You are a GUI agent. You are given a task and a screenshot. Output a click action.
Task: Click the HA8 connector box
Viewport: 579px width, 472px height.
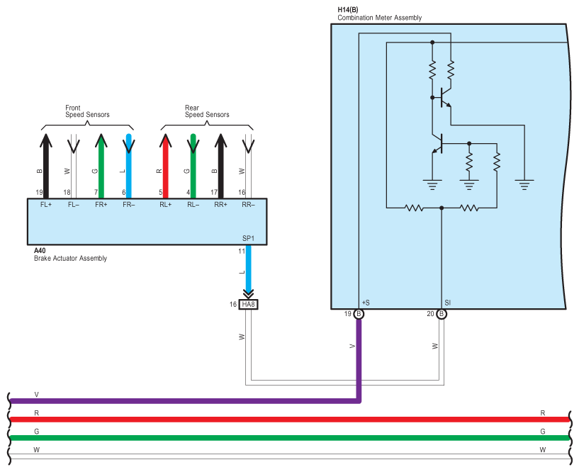click(247, 304)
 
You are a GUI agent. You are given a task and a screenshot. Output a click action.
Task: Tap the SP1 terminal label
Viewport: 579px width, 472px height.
click(249, 239)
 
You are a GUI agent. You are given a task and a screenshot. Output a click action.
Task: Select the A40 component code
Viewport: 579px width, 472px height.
click(40, 251)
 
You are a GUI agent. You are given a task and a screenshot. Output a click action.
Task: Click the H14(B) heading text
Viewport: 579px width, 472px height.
click(347, 10)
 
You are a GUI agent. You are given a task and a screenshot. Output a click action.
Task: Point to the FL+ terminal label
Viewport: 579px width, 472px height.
click(45, 205)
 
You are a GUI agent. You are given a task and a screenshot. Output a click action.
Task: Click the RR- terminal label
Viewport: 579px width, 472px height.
click(248, 205)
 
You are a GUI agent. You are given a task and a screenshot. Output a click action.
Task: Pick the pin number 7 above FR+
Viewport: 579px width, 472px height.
click(96, 192)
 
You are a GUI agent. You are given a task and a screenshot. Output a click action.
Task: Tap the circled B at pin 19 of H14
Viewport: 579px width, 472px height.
click(359, 314)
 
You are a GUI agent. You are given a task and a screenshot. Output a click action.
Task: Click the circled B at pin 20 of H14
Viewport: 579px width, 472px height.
click(442, 314)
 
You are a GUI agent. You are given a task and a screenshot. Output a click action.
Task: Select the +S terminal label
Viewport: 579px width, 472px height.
click(366, 303)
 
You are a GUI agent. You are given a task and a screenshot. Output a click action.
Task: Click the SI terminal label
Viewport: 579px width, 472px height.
click(448, 303)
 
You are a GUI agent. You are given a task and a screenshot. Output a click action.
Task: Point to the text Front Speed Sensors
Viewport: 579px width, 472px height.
click(87, 111)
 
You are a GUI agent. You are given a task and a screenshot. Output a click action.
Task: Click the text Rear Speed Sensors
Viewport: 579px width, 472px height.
click(207, 111)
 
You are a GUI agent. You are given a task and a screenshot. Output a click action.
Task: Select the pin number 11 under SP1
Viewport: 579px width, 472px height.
click(242, 251)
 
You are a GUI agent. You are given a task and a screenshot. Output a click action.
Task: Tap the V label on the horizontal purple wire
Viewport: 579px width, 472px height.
click(36, 395)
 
